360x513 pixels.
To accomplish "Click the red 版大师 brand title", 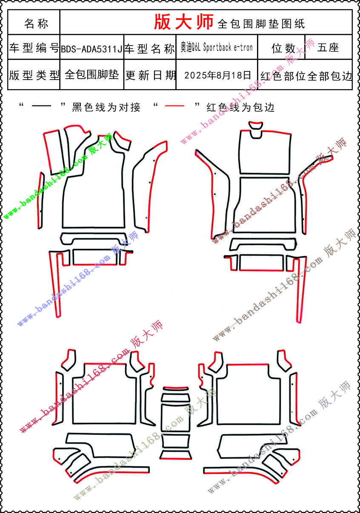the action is pos(183,22).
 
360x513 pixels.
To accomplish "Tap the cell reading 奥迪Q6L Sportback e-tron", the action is pos(217,47).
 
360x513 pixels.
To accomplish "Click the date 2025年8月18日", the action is pos(217,75).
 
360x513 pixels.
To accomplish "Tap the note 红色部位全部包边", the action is pos(306,76).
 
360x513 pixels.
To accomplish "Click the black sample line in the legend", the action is pos(41,106).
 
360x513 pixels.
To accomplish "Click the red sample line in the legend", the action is pos(174,106).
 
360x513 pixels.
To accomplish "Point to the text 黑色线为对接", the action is pos(106,107).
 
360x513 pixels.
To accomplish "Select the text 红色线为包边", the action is pos(240,107).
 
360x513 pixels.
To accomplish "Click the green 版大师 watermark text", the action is pos(100,144).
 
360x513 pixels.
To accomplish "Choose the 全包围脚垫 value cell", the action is pos(91,75).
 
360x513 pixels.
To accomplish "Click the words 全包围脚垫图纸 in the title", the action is pos(261,24).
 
